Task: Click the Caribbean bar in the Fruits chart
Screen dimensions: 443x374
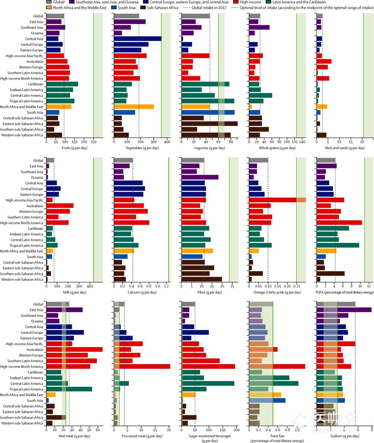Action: pyautogui.click(x=62, y=84)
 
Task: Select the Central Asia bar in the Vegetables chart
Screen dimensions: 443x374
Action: pyautogui.click(x=138, y=39)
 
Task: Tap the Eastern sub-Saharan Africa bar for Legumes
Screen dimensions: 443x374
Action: pyautogui.click(x=209, y=124)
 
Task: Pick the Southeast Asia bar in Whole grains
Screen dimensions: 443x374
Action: pyautogui.click(x=259, y=28)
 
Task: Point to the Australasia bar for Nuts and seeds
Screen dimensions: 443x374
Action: pyautogui.click(x=324, y=61)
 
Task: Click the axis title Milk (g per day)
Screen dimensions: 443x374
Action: pyautogui.click(x=74, y=292)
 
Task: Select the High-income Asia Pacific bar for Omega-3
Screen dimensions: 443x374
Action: pyautogui.click(x=277, y=200)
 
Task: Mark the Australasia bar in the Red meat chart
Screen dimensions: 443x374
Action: pyautogui.click(x=74, y=350)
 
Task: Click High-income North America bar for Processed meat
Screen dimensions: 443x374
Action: pyautogui.click(x=142, y=366)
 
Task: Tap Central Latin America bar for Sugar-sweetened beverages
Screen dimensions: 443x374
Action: pyautogui.click(x=208, y=384)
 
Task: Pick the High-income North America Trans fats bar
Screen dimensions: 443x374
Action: pyautogui.click(x=277, y=366)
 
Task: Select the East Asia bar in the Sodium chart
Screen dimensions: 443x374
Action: pyautogui.click(x=344, y=310)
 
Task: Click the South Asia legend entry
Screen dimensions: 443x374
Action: pyautogui.click(x=126, y=8)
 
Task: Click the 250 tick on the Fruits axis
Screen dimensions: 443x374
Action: pyautogui.click(x=84, y=142)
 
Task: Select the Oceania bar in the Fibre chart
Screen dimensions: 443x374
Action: pyautogui.click(x=200, y=177)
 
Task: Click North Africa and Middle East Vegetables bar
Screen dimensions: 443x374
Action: pyautogui.click(x=134, y=107)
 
